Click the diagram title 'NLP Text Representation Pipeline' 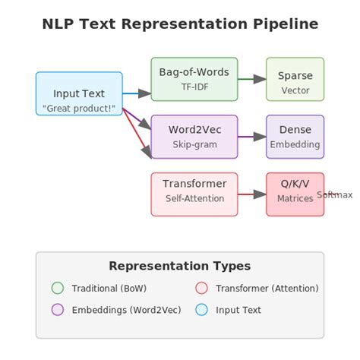tap(180, 24)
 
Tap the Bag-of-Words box tap(194, 79)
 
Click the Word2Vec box tap(194, 137)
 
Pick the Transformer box tap(194, 194)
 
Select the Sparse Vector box tap(295, 79)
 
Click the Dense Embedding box tap(295, 137)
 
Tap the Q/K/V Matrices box tap(295, 194)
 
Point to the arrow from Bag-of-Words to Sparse tap(251, 79)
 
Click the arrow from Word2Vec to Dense tap(251, 137)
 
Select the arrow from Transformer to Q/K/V tap(251, 194)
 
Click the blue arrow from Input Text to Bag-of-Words tap(137, 93)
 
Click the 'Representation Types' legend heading tap(179, 266)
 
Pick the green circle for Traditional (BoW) tap(58, 288)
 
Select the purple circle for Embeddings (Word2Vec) tap(58, 309)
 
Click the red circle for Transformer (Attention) tap(201, 288)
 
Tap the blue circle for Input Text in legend tap(201, 309)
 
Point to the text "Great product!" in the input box tap(79, 109)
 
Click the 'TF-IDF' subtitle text tap(194, 87)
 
